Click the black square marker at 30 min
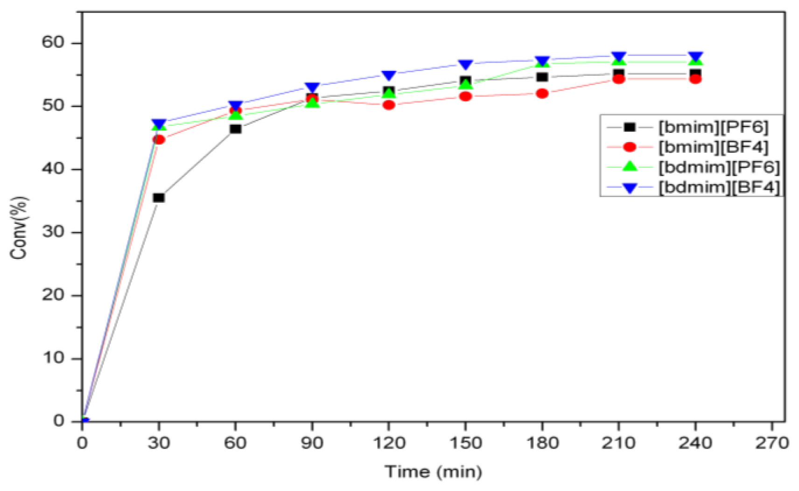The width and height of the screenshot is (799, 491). coord(159,198)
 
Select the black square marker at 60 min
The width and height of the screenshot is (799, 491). coord(235,129)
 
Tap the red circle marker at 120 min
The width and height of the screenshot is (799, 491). coord(388,105)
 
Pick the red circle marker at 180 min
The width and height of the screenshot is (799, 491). coord(542,94)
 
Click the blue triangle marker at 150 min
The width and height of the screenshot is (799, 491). coord(465,64)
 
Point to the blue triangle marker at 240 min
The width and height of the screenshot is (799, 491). coord(695,56)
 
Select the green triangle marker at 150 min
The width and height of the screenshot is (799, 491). coord(465,84)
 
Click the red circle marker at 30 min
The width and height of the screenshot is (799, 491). coord(159,139)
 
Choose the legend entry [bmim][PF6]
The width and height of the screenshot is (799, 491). coord(713,127)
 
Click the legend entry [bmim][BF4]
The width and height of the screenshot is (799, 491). coord(713,147)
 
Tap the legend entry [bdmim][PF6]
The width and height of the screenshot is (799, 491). coord(718,167)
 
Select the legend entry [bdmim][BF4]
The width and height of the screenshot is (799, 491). coord(718,187)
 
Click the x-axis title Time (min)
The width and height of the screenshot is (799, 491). coord(433,472)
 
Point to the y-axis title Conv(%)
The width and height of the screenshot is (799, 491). coord(19,228)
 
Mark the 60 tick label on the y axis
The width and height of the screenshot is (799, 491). coord(53,42)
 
